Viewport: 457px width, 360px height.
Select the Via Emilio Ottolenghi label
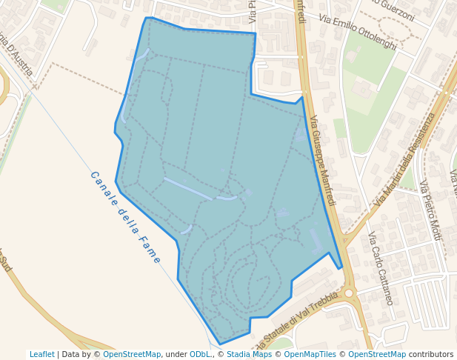click(x=358, y=32)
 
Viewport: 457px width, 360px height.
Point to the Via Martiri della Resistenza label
click(x=403, y=160)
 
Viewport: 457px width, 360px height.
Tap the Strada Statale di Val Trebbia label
click(x=296, y=322)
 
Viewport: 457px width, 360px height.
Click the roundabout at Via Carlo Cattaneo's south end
click(x=349, y=293)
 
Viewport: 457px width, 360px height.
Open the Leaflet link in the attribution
click(x=41, y=354)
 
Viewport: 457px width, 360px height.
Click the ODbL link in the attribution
click(x=200, y=354)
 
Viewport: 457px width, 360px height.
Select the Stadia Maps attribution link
click(x=249, y=354)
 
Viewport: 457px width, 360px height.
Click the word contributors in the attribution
click(x=431, y=354)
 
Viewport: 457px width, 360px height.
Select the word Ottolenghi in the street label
click(x=373, y=39)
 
